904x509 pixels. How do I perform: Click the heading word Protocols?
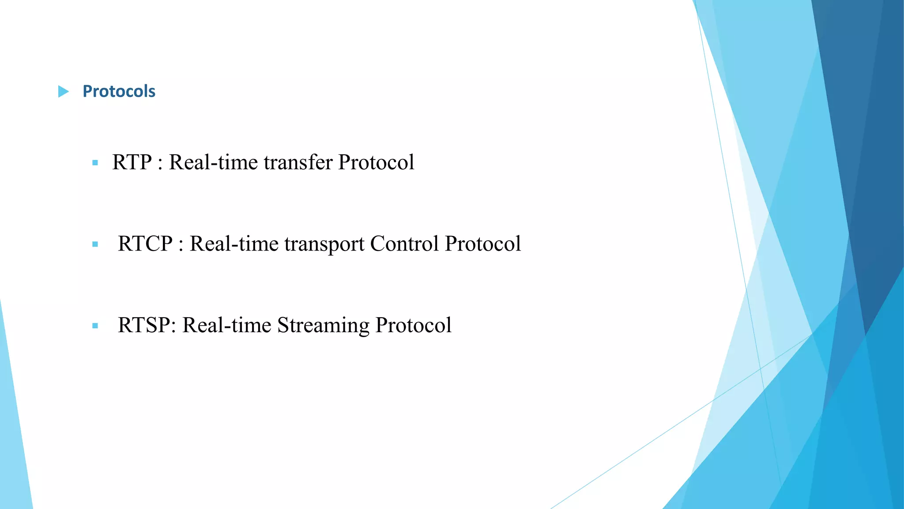(119, 91)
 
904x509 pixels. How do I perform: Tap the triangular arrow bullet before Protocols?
(64, 91)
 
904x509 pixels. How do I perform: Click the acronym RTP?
(132, 162)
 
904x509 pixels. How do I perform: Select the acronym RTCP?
(145, 244)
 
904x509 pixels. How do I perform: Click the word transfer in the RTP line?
(298, 162)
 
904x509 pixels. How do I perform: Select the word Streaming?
(323, 326)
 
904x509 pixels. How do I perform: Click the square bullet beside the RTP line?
(95, 163)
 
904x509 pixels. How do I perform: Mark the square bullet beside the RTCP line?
(95, 244)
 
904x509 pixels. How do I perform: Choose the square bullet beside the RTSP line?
(95, 326)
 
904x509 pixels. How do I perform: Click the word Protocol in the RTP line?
(376, 162)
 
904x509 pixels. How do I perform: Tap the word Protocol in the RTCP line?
(483, 244)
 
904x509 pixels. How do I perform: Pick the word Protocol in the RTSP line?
(413, 325)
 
